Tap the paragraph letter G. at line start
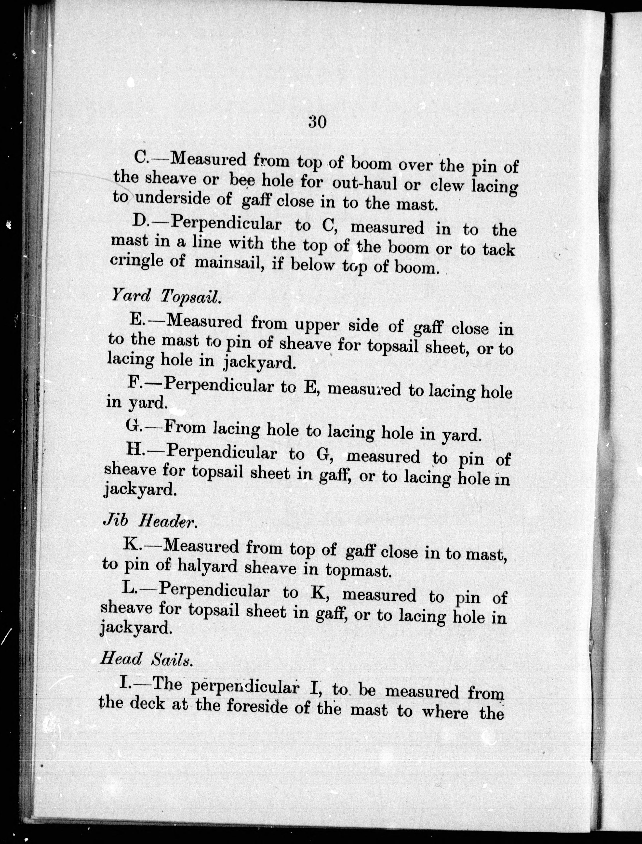click(132, 426)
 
